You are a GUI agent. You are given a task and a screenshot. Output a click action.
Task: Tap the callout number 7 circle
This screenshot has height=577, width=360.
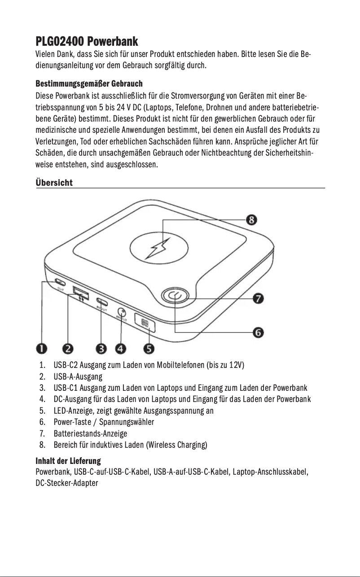259,298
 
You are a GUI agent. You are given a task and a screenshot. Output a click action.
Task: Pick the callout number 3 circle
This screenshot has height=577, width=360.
101,348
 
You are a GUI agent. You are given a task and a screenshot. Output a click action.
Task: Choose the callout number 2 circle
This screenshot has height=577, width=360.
68,348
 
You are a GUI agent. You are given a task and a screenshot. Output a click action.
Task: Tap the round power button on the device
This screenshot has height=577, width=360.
175,297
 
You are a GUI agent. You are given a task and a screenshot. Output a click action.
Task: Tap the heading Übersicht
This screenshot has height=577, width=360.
54,183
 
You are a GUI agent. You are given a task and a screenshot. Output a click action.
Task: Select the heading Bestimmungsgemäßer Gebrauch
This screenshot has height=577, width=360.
89,84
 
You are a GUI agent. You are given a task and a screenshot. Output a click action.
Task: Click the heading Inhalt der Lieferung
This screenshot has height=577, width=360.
68,461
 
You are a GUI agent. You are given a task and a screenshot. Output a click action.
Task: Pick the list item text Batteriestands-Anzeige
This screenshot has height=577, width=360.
90,434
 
